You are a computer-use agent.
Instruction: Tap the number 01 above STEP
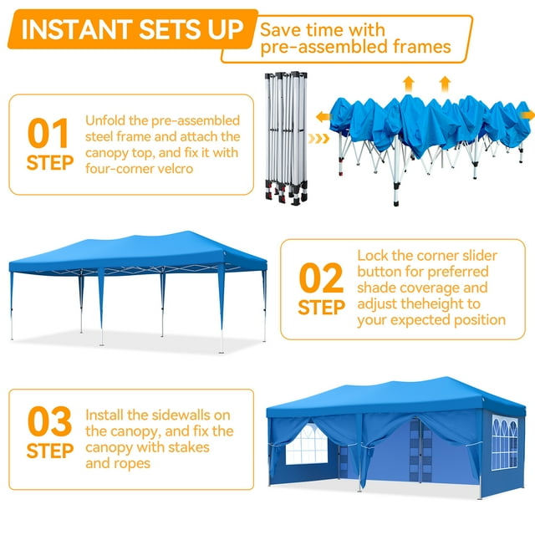tap(48, 133)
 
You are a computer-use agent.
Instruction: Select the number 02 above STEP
tap(321, 278)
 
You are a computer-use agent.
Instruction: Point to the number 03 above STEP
tap(49, 421)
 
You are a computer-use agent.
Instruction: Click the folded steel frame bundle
tap(286, 138)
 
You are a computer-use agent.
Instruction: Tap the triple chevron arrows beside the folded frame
tap(318, 138)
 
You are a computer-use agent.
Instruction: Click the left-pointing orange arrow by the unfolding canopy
tap(324, 117)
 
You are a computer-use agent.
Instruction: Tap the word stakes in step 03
tap(189, 447)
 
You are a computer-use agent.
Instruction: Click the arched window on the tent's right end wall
tap(505, 442)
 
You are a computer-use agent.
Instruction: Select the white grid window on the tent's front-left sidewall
tap(307, 445)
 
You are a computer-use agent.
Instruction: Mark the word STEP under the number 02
tap(321, 308)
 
